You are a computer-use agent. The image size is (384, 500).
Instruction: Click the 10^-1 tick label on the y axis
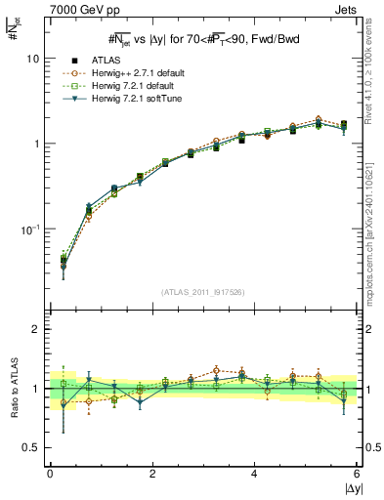29,229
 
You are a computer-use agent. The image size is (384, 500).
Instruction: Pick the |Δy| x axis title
352,488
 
